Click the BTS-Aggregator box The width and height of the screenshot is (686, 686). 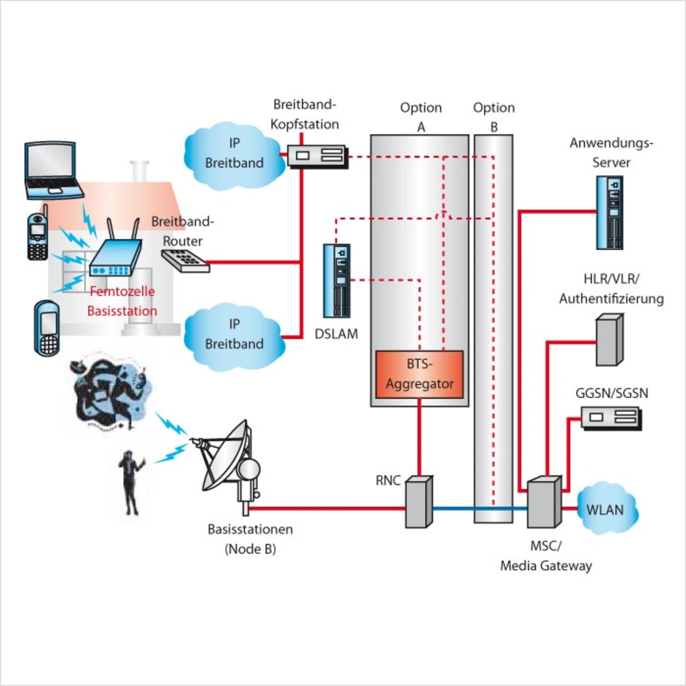pyautogui.click(x=419, y=375)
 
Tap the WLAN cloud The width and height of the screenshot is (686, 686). pyautogui.click(x=606, y=509)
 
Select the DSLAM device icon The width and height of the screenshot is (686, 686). pyautogui.click(x=337, y=280)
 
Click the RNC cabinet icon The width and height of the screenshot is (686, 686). pyautogui.click(x=418, y=501)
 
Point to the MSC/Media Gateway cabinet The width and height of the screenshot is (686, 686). pyautogui.click(x=544, y=502)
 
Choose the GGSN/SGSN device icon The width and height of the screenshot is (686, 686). pyautogui.click(x=611, y=417)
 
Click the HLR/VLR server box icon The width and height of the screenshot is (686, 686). pyautogui.click(x=609, y=340)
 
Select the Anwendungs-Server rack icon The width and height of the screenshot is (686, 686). pyautogui.click(x=610, y=212)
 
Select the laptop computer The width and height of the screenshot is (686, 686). pyautogui.click(x=52, y=169)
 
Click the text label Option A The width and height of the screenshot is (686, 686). pyautogui.click(x=421, y=116)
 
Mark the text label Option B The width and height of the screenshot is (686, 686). pyautogui.click(x=494, y=116)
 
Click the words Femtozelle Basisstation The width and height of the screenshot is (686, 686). pyautogui.click(x=122, y=301)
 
